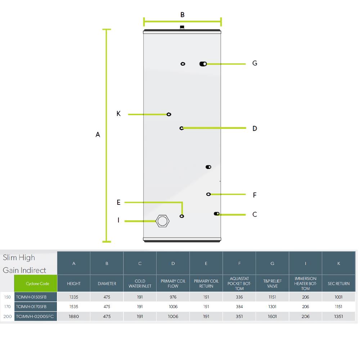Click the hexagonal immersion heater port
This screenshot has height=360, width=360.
163,221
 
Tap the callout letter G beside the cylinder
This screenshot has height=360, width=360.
255,63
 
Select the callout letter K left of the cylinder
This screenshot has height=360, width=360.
118,113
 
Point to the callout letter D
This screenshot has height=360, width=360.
255,129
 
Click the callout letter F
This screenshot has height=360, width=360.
255,195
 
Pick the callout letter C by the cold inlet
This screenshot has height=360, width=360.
255,214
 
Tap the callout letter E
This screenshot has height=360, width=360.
118,202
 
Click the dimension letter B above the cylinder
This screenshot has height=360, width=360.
182,15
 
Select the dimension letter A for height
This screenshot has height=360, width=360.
98,135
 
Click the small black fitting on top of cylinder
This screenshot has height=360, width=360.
182,27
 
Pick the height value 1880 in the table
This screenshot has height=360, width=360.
74,316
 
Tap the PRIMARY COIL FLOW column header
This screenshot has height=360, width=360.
173,284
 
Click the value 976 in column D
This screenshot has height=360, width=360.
173,297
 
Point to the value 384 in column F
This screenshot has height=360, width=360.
239,306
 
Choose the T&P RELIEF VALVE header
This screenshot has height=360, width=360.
272,284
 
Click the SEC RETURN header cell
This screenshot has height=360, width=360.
339,284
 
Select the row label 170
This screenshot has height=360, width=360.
7,306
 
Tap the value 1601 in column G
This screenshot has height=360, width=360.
272,316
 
